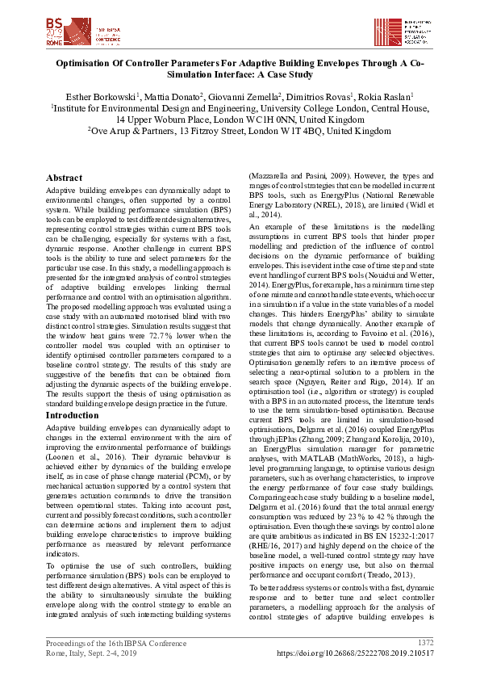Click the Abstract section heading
click(x=64, y=178)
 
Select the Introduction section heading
click(x=73, y=415)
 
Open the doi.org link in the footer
click(x=356, y=652)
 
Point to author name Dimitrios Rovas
click(x=320, y=95)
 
